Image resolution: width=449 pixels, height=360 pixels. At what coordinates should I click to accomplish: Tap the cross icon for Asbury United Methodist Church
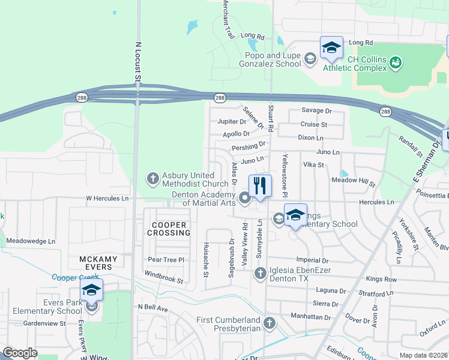[x=153, y=178]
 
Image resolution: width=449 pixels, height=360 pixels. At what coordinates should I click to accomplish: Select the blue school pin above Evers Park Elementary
[x=91, y=290]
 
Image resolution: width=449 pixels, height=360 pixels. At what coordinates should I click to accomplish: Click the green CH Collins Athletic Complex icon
[x=395, y=62]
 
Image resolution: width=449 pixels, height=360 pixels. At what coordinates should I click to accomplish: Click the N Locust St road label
[x=137, y=61]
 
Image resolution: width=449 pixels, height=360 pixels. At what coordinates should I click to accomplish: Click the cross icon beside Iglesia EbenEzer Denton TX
[x=260, y=274]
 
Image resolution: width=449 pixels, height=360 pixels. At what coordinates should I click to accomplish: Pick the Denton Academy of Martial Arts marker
[x=244, y=197]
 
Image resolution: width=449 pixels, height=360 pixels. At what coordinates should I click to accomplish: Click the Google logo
[x=20, y=353]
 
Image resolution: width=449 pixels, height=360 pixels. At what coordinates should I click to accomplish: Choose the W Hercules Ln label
[x=107, y=198]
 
